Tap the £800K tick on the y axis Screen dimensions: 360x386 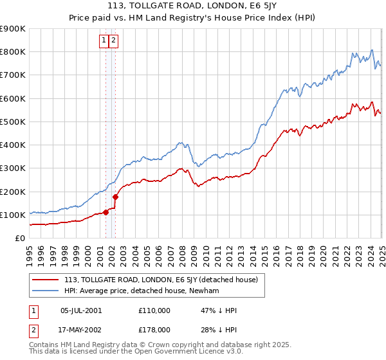coord(13,52)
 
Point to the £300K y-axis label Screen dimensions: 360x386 coord(13,168)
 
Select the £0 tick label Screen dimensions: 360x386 coord(20,239)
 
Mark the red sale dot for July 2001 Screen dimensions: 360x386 coord(106,213)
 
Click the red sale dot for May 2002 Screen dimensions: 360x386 coord(116,197)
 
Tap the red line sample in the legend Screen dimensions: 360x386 coord(46,280)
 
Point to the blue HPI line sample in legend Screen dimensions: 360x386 coord(46,291)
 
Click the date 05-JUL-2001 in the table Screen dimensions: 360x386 coord(81,310)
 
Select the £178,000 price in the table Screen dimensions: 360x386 coord(154,329)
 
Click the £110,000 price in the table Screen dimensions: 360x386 coord(154,310)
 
